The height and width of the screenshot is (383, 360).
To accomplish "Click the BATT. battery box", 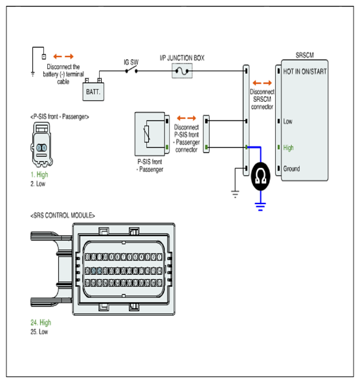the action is tap(93, 91).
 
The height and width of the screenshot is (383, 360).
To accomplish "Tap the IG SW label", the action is tap(131, 62).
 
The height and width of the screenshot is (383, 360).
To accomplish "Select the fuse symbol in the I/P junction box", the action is tap(182, 71).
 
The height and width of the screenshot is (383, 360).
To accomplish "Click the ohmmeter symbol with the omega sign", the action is tap(261, 176).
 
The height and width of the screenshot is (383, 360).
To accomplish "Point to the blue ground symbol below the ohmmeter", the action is tap(260, 207).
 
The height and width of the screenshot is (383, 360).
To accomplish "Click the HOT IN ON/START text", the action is tap(305, 71).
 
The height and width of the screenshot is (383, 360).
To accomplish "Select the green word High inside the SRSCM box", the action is tap(288, 148).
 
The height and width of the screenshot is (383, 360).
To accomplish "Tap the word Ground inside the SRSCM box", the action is tap(291, 168).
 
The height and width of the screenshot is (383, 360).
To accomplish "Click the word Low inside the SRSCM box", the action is tap(287, 121).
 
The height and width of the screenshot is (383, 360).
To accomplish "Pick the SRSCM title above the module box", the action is tap(304, 55).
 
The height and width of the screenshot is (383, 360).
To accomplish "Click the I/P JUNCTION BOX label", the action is tap(182, 58).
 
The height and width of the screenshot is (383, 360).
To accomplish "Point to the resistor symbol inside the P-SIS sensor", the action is tap(147, 134).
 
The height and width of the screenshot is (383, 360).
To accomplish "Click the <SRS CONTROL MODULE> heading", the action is tap(62, 215).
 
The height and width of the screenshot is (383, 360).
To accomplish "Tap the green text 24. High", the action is tap(41, 323).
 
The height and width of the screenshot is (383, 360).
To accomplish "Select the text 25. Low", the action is tap(39, 332).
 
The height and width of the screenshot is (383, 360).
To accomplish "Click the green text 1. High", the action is tap(39, 174).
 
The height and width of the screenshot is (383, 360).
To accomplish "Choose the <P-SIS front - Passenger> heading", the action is tap(60, 117).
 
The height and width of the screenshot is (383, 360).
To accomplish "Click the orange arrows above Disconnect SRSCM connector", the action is tap(262, 83).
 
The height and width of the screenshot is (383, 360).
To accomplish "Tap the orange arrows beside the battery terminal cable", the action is tap(63, 56).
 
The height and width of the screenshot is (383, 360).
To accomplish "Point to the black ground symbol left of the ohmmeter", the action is tap(235, 194).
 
